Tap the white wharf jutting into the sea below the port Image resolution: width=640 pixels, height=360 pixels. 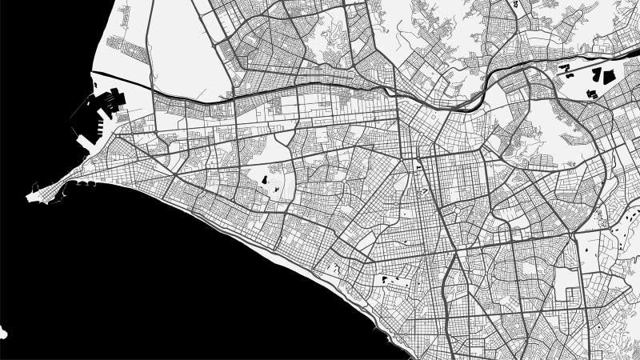[86, 142]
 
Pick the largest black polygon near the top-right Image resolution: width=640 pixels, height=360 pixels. [602, 76]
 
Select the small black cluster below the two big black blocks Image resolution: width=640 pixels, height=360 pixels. [593, 94]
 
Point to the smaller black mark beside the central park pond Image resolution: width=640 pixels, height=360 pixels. [275, 189]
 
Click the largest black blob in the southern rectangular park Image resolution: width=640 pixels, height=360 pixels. [386, 280]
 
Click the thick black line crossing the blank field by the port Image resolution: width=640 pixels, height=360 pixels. [120, 78]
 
